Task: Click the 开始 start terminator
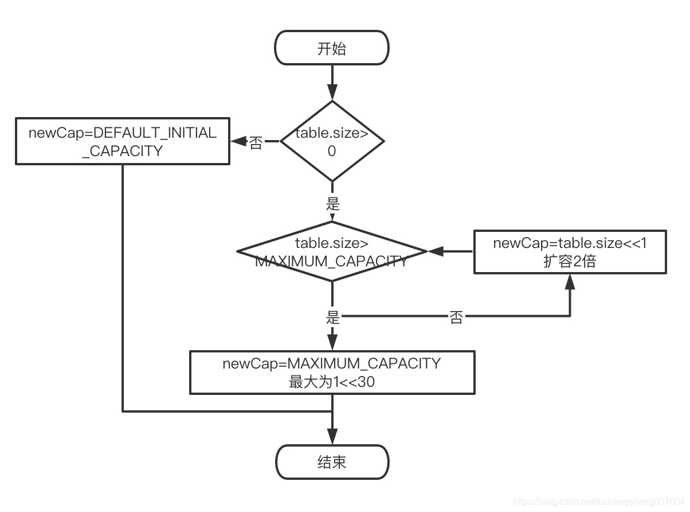tap(332, 48)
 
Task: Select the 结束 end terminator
tap(332, 462)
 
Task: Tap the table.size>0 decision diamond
tap(332, 141)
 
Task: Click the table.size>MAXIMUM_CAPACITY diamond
tap(332, 251)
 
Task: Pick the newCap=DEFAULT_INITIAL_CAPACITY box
tap(123, 141)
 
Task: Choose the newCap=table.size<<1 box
tap(570, 252)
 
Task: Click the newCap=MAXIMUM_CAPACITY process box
tap(332, 373)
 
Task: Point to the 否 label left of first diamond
tap(256, 143)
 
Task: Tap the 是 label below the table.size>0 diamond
tap(332, 204)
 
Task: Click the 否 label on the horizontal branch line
tap(456, 317)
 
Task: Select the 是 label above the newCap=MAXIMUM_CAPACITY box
tap(332, 317)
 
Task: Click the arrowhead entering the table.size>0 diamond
tap(332, 92)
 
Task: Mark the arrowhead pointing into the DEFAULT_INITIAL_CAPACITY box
tap(239, 141)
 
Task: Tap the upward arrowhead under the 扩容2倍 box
tap(570, 282)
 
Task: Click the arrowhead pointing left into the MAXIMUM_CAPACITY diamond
tap(436, 251)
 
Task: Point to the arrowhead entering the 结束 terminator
tap(332, 437)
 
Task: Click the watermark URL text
tap(599, 502)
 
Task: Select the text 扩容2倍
tap(570, 261)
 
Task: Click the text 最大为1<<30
tap(332, 382)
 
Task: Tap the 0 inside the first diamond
tap(332, 151)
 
